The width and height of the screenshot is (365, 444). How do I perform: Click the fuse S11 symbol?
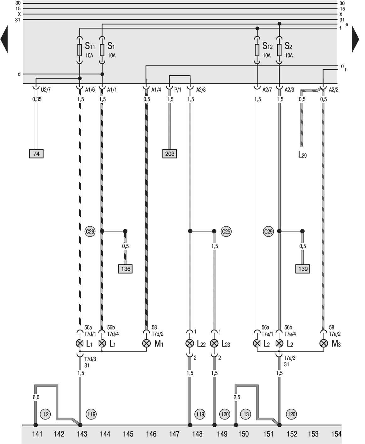pos(80,50)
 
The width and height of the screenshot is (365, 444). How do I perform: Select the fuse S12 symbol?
pos(257,50)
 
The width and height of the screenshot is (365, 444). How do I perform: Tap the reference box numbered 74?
pos(36,154)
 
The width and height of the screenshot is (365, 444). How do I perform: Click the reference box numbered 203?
pos(169,154)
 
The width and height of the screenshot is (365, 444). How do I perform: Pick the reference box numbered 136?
pos(125,269)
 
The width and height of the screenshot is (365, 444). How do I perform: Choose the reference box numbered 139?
pos(302,269)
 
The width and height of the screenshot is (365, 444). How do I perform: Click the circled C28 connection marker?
pos(90,232)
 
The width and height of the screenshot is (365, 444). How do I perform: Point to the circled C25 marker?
pos(226,232)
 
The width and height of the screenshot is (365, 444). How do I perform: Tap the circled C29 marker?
pos(268,232)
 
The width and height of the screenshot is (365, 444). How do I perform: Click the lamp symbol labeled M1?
pos(146,343)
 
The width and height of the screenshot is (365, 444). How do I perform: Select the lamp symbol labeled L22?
pos(189,343)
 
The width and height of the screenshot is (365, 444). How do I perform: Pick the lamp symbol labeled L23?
pos(214,343)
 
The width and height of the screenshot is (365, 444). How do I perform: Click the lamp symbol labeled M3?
pos(323,343)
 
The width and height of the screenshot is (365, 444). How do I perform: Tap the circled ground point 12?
pos(46,414)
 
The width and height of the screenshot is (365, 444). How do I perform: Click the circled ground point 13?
pos(246,414)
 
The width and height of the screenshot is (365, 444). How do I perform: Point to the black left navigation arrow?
pos(4,39)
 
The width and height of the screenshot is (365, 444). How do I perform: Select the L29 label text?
pos(302,155)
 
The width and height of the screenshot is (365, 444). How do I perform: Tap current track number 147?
pos(174,434)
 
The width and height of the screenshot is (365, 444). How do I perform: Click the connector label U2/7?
pos(46,90)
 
